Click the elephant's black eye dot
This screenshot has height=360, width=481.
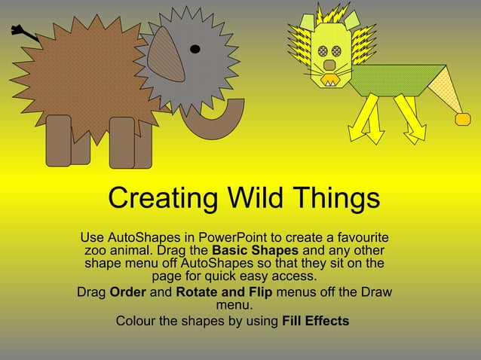[195, 50]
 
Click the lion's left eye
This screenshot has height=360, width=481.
[323, 50]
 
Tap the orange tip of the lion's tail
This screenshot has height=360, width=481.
[462, 119]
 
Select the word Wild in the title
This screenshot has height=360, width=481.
[250, 199]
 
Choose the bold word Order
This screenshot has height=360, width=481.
[127, 292]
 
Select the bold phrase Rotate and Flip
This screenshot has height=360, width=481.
[223, 292]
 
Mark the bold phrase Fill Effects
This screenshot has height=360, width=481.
[315, 321]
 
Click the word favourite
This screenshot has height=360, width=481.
[357, 236]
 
